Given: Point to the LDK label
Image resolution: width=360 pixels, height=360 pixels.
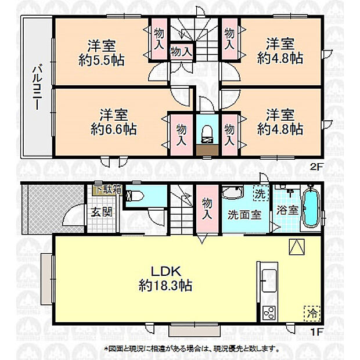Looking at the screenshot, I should click(x=167, y=271).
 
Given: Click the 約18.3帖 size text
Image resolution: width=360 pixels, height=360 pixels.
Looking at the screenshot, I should click(x=166, y=285).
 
